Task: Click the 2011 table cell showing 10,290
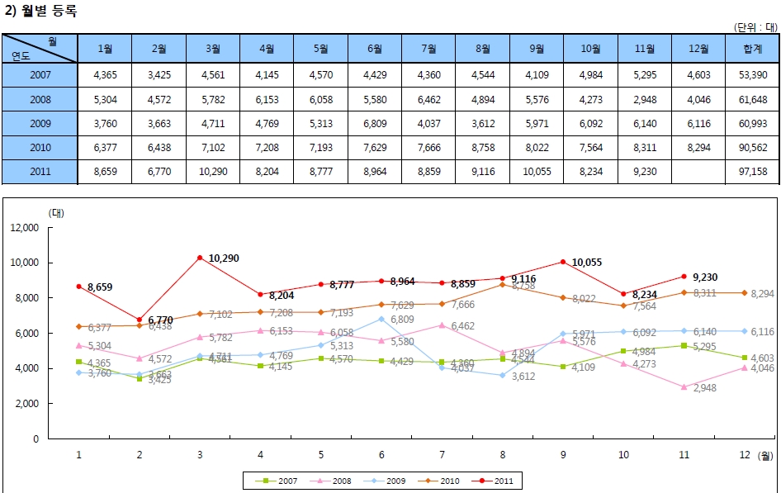point(213,172)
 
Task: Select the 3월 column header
point(213,49)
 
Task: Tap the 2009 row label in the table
point(40,124)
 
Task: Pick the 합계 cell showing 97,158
point(752,172)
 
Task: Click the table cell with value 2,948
point(644,100)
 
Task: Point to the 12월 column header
point(698,49)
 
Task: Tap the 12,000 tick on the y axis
point(25,228)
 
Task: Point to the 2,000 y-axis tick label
point(26,404)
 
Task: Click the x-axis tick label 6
point(381,454)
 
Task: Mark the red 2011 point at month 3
point(200,258)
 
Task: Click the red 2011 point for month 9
point(563,262)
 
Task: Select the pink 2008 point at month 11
point(684,386)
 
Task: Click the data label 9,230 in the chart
point(706,277)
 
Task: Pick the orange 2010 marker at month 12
point(745,293)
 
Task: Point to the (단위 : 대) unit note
point(755,26)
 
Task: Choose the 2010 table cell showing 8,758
point(483,148)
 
